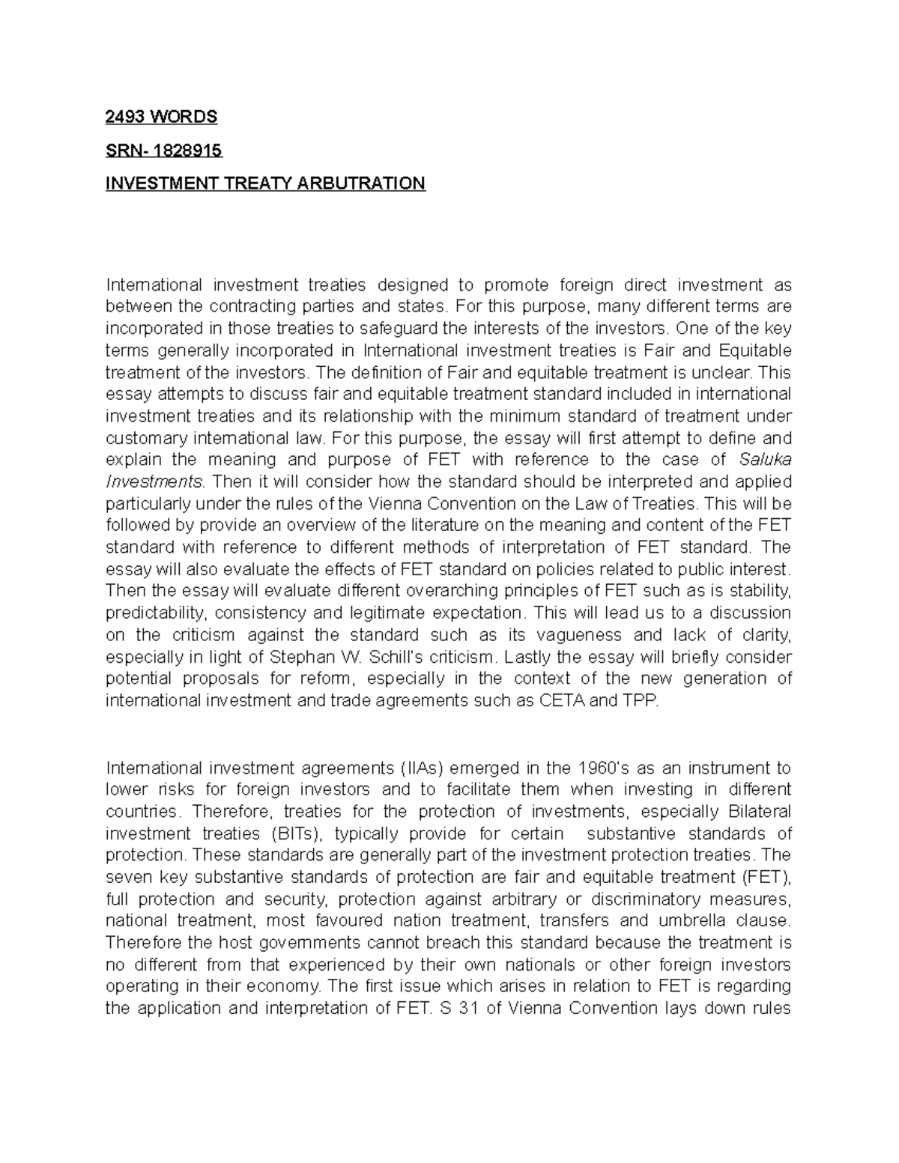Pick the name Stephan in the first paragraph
tap(296, 658)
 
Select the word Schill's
tap(396, 658)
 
